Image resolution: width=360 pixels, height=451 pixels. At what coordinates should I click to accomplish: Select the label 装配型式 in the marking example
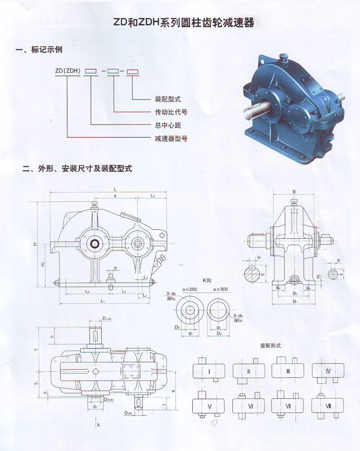[168, 99]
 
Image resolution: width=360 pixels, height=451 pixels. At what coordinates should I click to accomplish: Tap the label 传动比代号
[171, 112]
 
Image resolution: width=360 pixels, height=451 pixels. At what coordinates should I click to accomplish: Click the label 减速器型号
[171, 138]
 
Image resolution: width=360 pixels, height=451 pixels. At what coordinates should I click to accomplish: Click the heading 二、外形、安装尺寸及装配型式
[77, 169]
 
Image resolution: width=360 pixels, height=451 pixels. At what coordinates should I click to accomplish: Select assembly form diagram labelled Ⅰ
[209, 371]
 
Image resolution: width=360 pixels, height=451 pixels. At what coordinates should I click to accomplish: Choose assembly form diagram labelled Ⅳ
[328, 371]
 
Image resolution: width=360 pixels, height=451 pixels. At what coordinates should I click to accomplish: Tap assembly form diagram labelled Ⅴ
[209, 406]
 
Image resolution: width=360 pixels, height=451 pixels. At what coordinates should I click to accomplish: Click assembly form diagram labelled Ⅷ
[328, 406]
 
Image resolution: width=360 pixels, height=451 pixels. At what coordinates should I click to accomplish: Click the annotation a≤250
[191, 290]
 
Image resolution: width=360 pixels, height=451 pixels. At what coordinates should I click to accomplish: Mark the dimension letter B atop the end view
[294, 191]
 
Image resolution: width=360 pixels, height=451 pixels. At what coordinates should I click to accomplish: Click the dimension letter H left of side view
[35, 244]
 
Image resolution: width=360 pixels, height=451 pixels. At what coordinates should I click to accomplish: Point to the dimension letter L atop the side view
[115, 188]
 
